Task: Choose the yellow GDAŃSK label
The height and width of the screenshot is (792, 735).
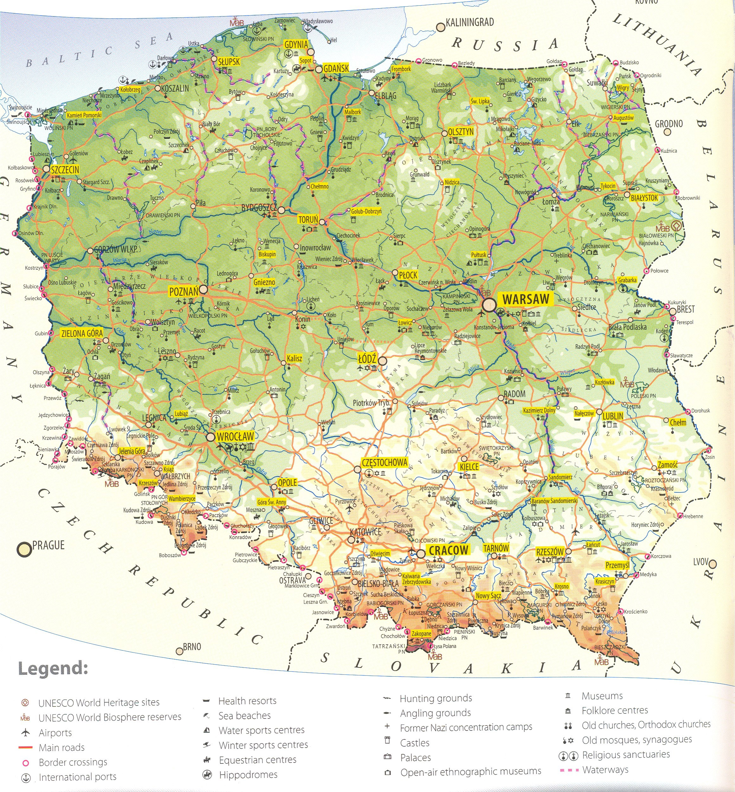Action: coord(336,68)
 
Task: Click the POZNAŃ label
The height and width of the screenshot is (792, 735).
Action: coord(183,292)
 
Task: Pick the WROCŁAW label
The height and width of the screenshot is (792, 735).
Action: coord(235,436)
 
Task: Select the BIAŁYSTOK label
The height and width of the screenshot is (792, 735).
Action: coord(644,198)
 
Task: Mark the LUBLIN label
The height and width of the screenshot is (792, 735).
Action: coord(613,416)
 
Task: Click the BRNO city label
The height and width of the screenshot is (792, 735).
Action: coord(192,647)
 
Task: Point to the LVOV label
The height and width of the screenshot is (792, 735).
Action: coord(701,562)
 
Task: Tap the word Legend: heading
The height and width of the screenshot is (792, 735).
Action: coord(53,669)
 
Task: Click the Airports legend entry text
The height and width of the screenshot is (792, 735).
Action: coord(55,732)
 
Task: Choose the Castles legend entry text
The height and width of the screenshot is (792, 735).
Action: coord(414,743)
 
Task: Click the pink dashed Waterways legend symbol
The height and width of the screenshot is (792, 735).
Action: coord(569,770)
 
